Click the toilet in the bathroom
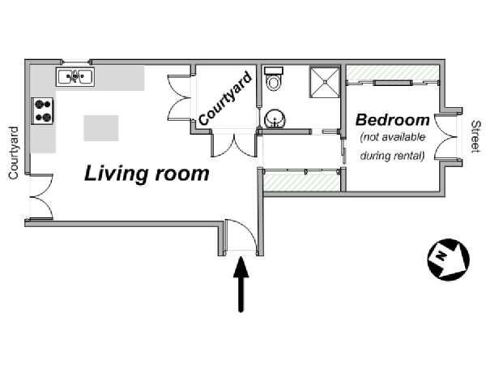(x=273, y=79)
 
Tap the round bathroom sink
(x=275, y=118)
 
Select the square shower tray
(x=325, y=82)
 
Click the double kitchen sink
(x=75, y=76)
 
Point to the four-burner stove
(x=42, y=111)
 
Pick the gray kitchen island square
(x=101, y=128)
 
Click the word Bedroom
(x=392, y=120)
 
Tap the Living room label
(x=147, y=174)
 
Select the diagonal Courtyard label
(x=224, y=99)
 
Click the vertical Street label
(x=475, y=137)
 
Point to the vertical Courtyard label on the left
(x=13, y=153)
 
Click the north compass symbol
(x=448, y=260)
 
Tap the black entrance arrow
(x=241, y=284)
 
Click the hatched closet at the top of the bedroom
(x=392, y=73)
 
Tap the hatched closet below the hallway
(x=302, y=182)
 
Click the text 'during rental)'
(x=392, y=156)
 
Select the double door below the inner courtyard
(x=234, y=145)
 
